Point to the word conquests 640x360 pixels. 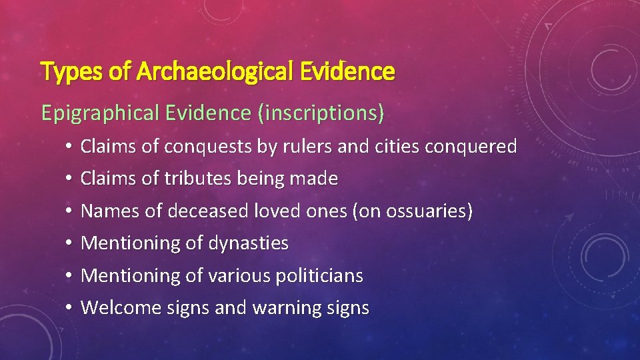(x=208, y=147)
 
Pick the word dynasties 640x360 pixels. (x=249, y=243)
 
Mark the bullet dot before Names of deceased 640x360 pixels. (x=69, y=212)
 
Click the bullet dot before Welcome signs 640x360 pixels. (x=69, y=309)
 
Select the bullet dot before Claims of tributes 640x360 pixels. (x=69, y=179)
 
